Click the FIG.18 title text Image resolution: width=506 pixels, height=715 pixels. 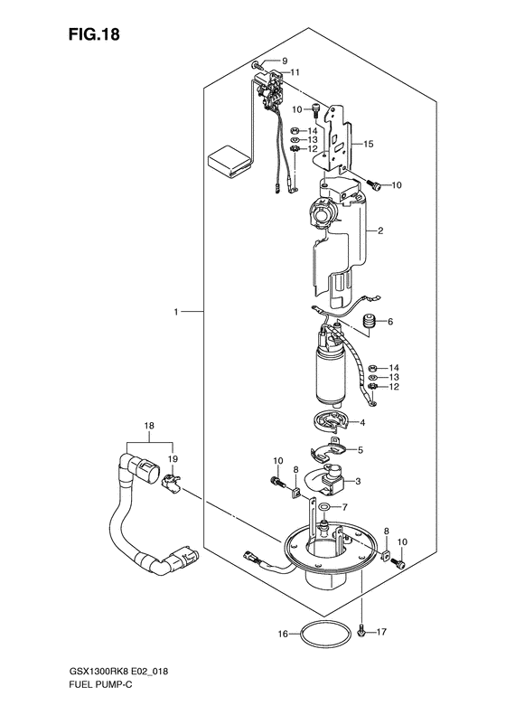click(x=94, y=34)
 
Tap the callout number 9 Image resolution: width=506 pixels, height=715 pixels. click(x=285, y=61)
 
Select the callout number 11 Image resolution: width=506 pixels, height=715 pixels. click(x=295, y=72)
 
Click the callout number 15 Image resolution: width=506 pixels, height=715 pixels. click(x=369, y=144)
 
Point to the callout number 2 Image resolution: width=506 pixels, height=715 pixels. click(x=380, y=230)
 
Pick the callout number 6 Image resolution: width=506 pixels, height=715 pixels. click(x=390, y=322)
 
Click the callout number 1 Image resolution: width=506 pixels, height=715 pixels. click(x=175, y=312)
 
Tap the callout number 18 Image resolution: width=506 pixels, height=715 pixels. click(x=149, y=426)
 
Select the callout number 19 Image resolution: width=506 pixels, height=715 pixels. click(x=173, y=458)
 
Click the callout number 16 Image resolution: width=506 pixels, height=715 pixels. click(x=283, y=634)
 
